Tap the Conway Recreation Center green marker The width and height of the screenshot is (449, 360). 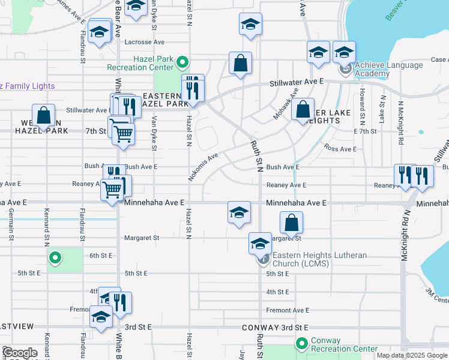pyautogui.click(x=301, y=343)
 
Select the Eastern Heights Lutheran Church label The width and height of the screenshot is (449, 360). pyautogui.click(x=319, y=259)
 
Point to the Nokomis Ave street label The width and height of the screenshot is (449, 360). pyautogui.click(x=205, y=161)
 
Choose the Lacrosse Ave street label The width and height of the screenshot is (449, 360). pyautogui.click(x=144, y=42)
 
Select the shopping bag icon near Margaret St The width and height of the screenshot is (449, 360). pyautogui.click(x=291, y=223)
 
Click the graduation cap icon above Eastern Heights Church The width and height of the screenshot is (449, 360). pyautogui.click(x=260, y=244)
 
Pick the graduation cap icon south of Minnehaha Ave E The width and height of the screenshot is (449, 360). pyautogui.click(x=239, y=212)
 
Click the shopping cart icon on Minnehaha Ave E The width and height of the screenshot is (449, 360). pyautogui.click(x=112, y=190)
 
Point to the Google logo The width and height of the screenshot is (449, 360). pyautogui.click(x=20, y=353)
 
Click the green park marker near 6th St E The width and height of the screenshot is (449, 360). pyautogui.click(x=55, y=259)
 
